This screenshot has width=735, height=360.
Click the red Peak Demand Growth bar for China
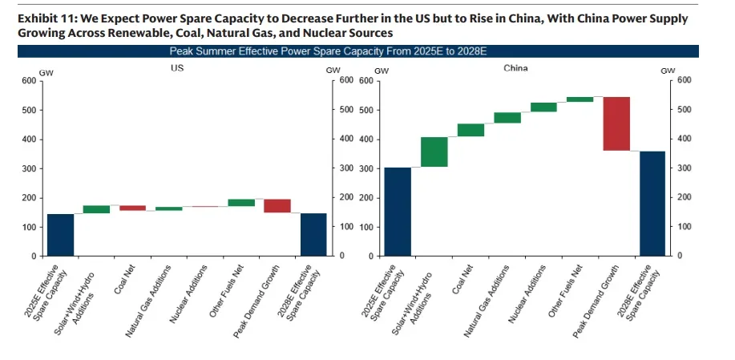[616, 123]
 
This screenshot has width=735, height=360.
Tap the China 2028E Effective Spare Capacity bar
[652, 203]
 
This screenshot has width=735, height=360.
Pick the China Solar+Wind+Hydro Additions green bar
[434, 152]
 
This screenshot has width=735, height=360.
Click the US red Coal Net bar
[133, 208]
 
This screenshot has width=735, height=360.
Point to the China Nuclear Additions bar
[543, 107]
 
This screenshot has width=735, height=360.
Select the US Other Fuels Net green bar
[241, 203]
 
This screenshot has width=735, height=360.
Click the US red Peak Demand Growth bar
[277, 205]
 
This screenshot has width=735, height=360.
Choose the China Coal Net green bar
[470, 130]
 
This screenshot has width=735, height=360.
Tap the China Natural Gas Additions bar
[507, 118]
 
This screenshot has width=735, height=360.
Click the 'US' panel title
[177, 69]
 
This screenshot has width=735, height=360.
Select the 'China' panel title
[515, 69]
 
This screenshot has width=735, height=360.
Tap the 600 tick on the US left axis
[28, 81]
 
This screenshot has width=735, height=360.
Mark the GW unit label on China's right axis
[668, 71]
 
